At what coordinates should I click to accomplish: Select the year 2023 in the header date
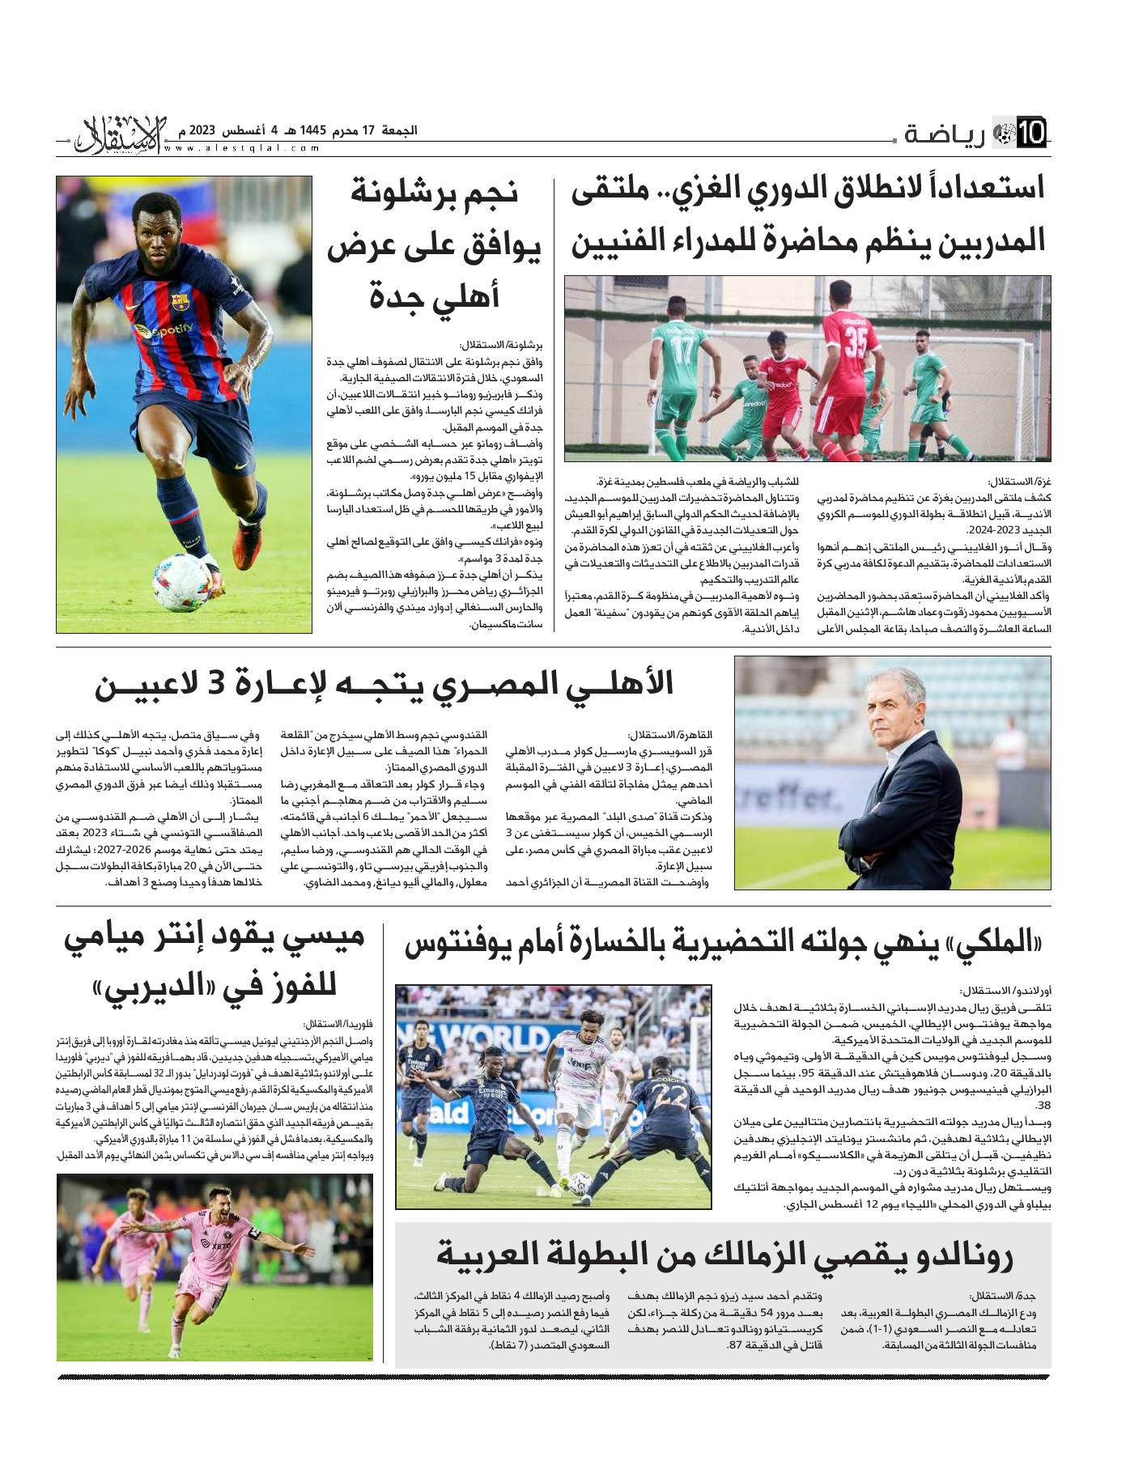point(202,130)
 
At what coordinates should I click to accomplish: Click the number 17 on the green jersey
point(682,350)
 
